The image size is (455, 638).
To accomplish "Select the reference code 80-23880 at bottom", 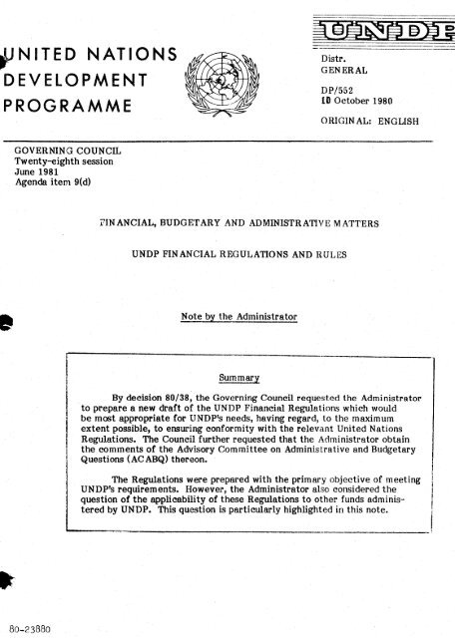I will point(26,628).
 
